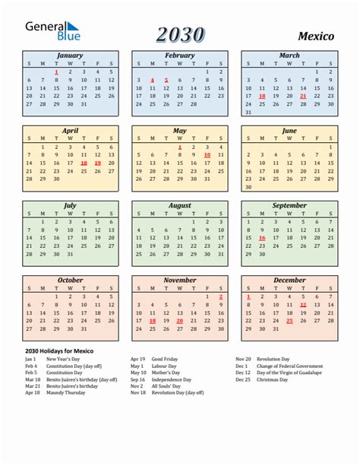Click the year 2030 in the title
pos(180,34)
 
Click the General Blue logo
pos(53,30)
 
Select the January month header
pos(70,55)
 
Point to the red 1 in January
pos(56,71)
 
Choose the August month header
pos(179,205)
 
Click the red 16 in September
pos(262,237)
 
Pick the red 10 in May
pos(207,155)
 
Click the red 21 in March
pos(303,97)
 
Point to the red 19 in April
pos(97,163)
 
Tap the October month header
pos(70,280)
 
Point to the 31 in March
pos(248,113)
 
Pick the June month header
pos(289,131)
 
